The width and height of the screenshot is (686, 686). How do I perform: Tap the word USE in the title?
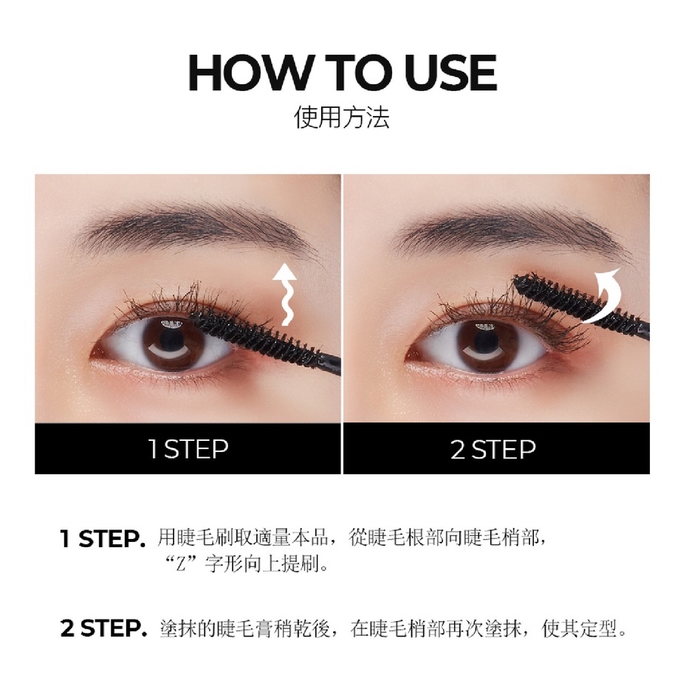[450, 72]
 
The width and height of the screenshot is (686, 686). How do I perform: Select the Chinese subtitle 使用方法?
[342, 117]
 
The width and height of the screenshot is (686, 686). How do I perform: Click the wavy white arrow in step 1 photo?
[284, 295]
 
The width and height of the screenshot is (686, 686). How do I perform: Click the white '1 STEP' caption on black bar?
[188, 449]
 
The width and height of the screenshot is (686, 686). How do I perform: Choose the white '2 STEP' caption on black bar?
[493, 449]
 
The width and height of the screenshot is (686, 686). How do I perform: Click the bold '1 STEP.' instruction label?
[103, 538]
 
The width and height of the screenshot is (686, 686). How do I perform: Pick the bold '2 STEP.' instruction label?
[103, 628]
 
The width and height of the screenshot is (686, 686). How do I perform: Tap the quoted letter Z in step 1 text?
[181, 565]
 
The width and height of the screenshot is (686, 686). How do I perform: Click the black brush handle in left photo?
[329, 365]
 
